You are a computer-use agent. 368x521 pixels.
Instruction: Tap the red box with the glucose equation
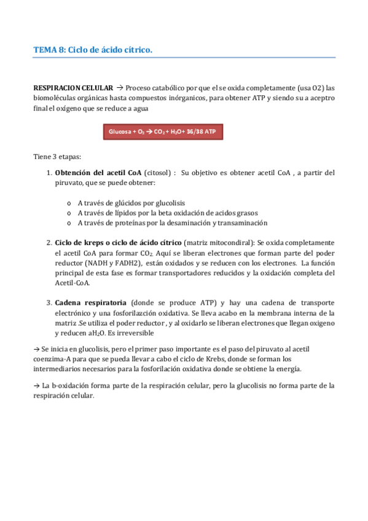(x=163, y=131)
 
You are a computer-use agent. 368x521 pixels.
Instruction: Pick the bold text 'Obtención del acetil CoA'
(x=98, y=173)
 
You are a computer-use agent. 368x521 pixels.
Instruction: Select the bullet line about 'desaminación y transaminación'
(x=172, y=223)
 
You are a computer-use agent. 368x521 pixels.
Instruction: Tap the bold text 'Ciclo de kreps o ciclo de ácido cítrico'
(x=118, y=243)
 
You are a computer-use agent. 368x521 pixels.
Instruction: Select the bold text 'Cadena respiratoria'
(x=90, y=303)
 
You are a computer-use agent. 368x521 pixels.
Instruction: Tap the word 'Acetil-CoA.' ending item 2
(x=73, y=283)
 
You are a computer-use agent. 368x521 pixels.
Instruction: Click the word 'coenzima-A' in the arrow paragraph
(x=53, y=358)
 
